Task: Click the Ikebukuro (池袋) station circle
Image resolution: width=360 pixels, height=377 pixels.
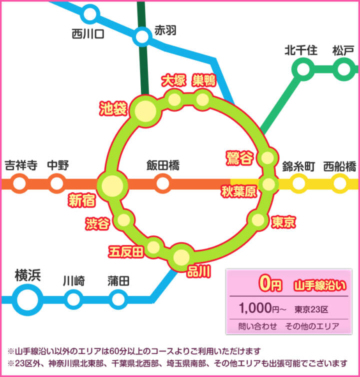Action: [x=145, y=110]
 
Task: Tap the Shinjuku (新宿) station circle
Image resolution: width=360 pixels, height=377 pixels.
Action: [x=111, y=184]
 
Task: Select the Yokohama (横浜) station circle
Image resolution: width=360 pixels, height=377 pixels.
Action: [x=27, y=299]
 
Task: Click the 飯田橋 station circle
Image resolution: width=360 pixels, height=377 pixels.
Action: [x=162, y=184]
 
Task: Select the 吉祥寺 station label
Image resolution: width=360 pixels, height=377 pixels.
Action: [x=20, y=165]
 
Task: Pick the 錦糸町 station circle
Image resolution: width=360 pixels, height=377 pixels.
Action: [x=299, y=184]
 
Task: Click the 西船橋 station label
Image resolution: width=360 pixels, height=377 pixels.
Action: [x=339, y=166]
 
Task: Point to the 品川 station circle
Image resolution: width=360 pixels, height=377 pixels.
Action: [x=181, y=256]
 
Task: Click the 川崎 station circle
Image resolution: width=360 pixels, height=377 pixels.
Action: [x=73, y=299]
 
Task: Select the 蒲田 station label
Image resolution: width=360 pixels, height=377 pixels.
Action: [x=118, y=281]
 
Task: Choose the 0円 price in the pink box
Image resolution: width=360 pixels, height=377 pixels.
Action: [x=270, y=284]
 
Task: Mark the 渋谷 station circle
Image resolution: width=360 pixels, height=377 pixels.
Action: [x=124, y=219]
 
